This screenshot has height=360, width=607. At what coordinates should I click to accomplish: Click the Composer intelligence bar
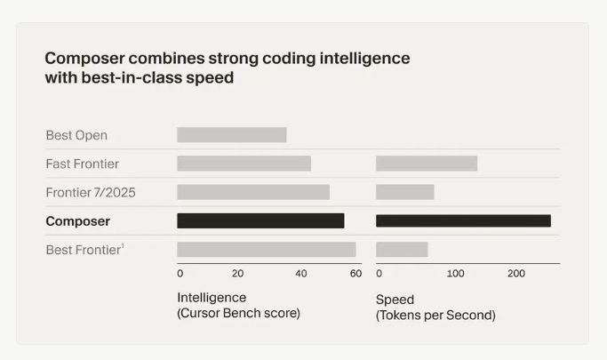coord(260,221)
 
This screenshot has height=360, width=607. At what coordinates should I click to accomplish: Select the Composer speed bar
coord(463,221)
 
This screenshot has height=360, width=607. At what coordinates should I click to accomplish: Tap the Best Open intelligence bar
coord(231,135)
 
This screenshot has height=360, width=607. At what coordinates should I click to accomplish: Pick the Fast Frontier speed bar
coord(427,164)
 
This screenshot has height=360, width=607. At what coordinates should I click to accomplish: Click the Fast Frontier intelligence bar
coord(244,164)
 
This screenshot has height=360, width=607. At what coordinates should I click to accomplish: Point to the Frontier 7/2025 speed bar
coord(404,192)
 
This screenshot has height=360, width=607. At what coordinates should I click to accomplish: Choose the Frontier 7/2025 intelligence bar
coord(253,192)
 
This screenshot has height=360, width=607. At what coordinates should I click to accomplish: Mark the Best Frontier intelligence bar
coord(266,250)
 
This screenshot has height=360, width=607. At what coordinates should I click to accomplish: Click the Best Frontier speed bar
coord(402,250)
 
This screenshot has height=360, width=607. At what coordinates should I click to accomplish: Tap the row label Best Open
coord(76,136)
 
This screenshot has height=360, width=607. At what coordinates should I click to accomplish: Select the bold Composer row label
coord(78,221)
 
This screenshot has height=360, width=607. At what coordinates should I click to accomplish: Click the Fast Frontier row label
coord(82,164)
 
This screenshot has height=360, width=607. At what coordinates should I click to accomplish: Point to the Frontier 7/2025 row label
coord(91,193)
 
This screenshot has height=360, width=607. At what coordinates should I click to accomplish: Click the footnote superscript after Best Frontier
coord(122,246)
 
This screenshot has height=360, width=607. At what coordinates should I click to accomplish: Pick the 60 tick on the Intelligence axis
coord(355,274)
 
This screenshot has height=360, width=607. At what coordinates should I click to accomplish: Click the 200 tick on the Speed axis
coord(516,274)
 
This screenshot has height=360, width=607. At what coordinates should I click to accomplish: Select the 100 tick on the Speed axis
coord(455,274)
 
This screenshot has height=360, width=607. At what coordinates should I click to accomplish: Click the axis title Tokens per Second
coord(435,316)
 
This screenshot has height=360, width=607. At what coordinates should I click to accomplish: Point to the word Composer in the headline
coord(84,59)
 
